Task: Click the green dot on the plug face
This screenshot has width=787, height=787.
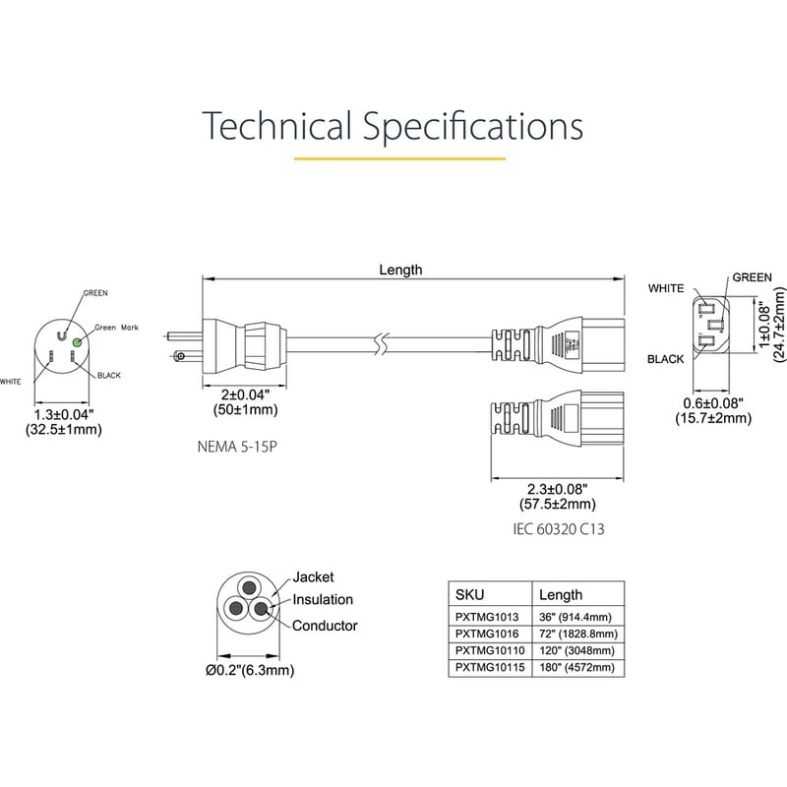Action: (77, 341)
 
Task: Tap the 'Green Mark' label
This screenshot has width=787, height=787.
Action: (116, 328)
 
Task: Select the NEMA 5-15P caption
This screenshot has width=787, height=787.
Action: (237, 447)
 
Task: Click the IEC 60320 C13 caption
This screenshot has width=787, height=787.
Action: (559, 529)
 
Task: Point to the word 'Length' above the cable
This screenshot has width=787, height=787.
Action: (400, 270)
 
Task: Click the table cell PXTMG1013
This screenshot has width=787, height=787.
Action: (487, 617)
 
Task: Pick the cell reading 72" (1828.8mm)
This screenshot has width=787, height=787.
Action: (578, 634)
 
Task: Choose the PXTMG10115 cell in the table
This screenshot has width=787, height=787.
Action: (490, 668)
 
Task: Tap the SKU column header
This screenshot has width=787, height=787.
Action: (470, 595)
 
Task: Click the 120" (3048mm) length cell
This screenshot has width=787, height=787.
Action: (576, 651)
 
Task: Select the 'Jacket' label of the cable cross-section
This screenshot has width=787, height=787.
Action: (313, 577)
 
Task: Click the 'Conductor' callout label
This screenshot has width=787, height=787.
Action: (325, 626)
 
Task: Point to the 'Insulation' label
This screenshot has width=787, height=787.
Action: (323, 599)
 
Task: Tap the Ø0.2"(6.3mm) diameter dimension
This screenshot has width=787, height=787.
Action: (250, 670)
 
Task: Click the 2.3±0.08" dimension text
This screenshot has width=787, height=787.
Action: (557, 489)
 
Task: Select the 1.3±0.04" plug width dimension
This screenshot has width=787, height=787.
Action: (64, 414)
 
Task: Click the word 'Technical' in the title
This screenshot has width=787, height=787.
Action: (277, 126)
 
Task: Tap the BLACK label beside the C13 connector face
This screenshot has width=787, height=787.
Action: (666, 359)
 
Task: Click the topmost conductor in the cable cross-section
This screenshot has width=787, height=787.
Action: (249, 587)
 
